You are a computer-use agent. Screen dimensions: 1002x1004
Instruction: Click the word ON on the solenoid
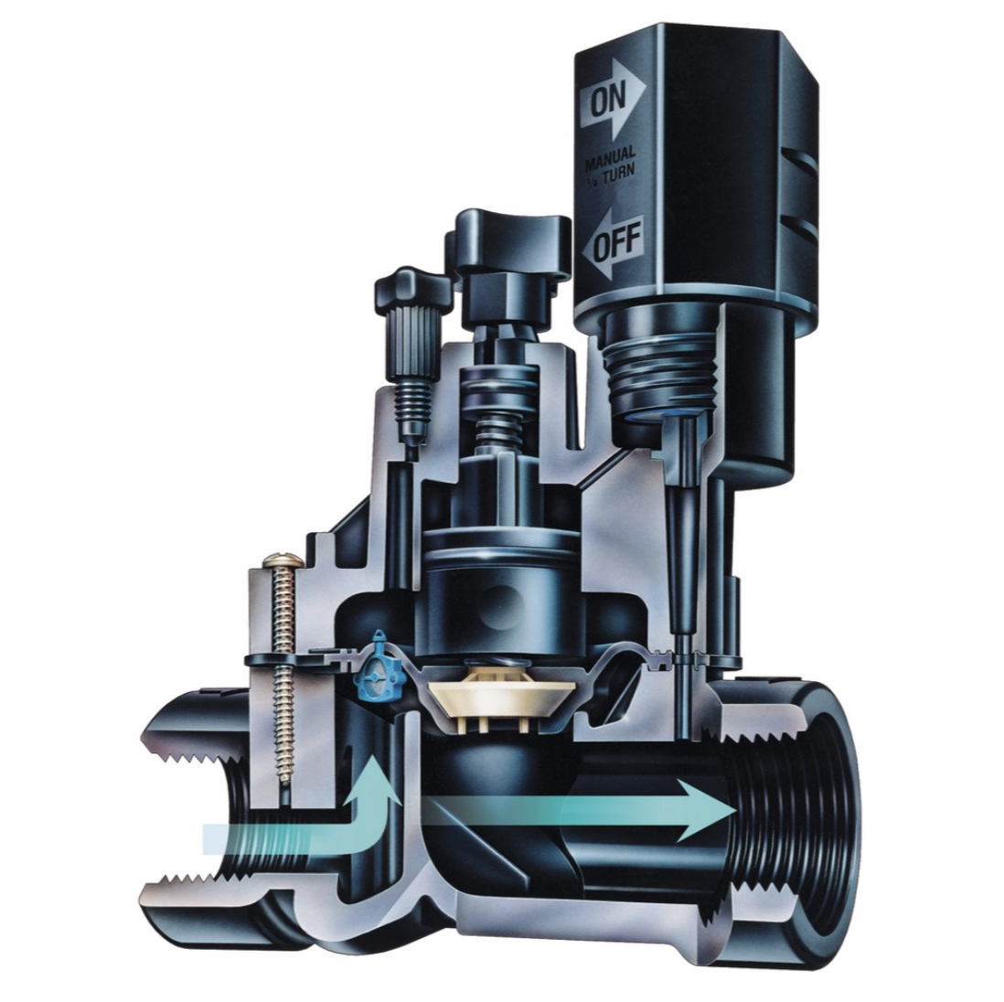[604, 101]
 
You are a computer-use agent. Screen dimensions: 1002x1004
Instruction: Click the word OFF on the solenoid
[618, 244]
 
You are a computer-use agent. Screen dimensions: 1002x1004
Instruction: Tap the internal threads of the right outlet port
[777, 823]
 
